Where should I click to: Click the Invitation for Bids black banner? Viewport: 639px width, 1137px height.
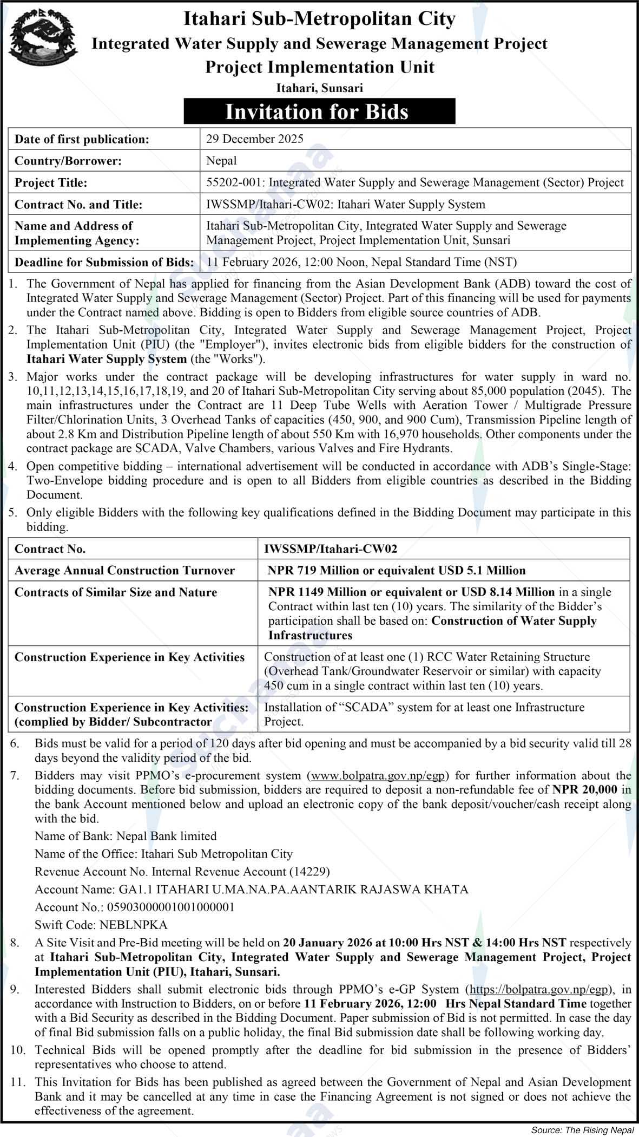coord(319,112)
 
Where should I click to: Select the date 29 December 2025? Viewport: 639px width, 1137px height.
coord(255,139)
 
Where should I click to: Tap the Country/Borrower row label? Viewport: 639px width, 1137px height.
coord(68,161)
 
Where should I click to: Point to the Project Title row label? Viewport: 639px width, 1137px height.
coord(51,183)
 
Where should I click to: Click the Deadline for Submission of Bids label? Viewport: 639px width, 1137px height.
coord(104,263)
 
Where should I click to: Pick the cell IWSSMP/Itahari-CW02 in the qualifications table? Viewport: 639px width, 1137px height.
coord(331,549)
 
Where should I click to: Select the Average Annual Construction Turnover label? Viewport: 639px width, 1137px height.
coord(124,570)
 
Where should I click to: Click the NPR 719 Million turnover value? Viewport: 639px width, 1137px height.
coord(397,570)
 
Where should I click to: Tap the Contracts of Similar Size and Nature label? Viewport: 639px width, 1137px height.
coord(116,592)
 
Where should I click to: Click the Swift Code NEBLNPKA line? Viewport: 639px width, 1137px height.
coord(101,925)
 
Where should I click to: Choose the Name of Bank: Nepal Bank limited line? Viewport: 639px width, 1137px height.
coord(126,836)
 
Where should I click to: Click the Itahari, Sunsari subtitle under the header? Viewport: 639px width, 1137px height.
coord(319,88)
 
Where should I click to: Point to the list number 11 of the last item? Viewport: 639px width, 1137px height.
coord(18,1082)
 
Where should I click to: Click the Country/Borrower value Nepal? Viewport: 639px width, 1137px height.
coord(221,161)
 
